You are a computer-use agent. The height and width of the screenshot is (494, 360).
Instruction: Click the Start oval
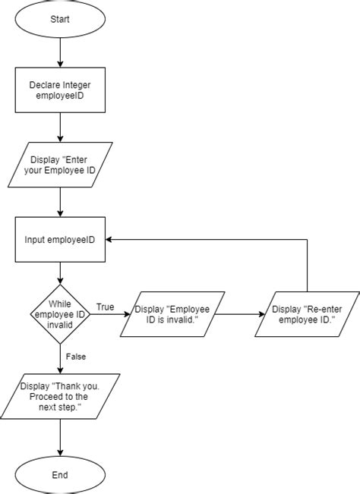(60, 20)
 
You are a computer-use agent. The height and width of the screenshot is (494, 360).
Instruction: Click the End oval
(60, 475)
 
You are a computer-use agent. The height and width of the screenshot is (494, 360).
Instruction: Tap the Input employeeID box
(60, 240)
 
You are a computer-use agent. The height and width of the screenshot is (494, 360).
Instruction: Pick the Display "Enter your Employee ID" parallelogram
(60, 165)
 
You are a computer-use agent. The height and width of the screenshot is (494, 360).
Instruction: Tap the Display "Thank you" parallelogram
(60, 396)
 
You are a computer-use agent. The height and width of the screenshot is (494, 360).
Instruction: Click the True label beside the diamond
(105, 307)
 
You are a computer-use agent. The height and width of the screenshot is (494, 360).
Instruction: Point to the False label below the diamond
(76, 354)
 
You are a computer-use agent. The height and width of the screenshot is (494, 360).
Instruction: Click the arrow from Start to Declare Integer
(60, 52)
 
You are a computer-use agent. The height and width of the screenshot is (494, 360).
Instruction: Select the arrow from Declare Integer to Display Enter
(60, 127)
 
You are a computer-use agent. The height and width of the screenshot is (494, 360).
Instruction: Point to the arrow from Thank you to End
(60, 438)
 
